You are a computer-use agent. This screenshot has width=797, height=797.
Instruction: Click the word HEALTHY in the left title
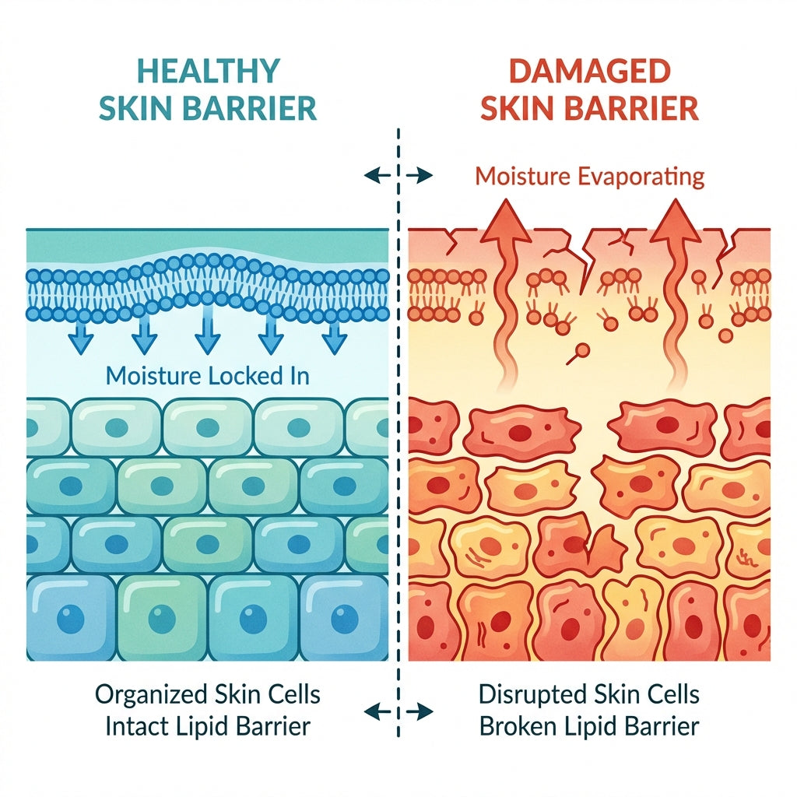coord(209,71)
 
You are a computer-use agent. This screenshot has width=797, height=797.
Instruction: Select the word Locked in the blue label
coord(248,375)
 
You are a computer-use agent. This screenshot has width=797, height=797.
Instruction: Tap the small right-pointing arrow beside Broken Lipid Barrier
coord(422,710)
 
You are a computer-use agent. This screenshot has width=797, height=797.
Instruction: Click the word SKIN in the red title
coord(515,109)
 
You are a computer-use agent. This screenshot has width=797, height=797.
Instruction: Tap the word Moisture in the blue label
coord(153,375)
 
